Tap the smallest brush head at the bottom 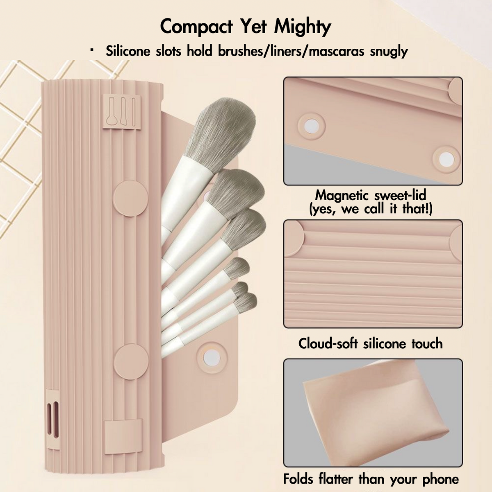247,301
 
